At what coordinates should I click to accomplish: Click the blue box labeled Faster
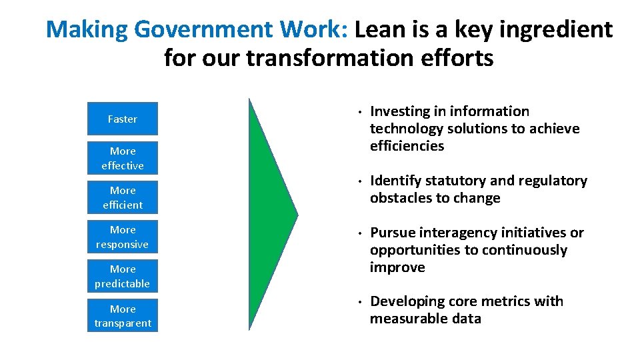(123, 119)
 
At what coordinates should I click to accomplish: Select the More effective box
(123, 158)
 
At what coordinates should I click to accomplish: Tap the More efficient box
(123, 197)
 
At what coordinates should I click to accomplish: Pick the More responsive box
(123, 237)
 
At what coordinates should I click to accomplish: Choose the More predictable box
(123, 276)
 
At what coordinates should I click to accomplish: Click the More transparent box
(123, 315)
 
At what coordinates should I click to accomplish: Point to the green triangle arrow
(269, 214)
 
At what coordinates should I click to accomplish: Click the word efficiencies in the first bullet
(407, 146)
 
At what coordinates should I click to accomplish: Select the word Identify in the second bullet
(395, 181)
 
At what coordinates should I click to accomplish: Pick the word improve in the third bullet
(397, 267)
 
